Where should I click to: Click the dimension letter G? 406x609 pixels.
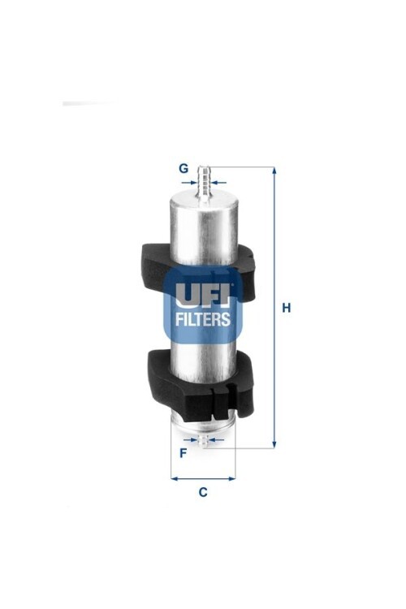[x=183, y=168]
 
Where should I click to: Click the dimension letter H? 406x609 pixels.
[x=287, y=308]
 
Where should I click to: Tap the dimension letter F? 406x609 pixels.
[x=183, y=453]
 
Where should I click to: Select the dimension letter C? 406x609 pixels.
[x=203, y=492]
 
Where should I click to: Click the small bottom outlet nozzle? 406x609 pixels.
[x=203, y=440]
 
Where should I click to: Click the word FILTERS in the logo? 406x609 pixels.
[x=203, y=319]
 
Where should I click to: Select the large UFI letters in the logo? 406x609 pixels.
[x=203, y=295]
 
